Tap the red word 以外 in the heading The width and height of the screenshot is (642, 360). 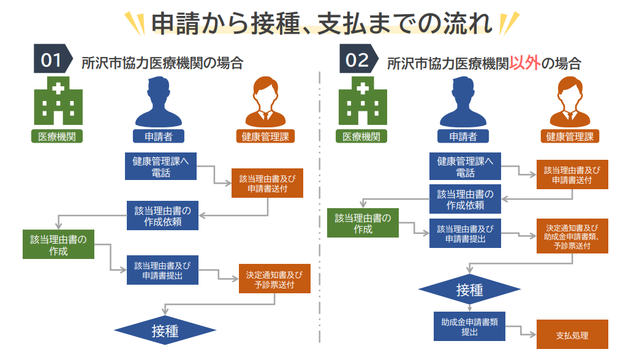(x=524, y=62)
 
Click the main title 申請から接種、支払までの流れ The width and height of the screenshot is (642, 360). (x=322, y=23)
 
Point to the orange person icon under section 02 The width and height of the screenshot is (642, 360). (x=570, y=103)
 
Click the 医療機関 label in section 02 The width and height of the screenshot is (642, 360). (x=361, y=137)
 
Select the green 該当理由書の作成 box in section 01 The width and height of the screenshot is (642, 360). (x=58, y=245)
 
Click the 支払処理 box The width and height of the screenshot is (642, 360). (x=572, y=334)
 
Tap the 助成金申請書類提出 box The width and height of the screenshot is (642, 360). (x=469, y=327)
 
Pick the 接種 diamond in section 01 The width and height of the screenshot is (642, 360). (x=165, y=331)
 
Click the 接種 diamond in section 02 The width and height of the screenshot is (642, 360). (x=469, y=289)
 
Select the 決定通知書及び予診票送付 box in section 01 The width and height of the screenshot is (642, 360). (x=274, y=279)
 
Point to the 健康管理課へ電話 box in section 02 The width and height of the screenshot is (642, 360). (x=465, y=167)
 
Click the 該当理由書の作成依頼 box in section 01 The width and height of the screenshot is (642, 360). (x=163, y=216)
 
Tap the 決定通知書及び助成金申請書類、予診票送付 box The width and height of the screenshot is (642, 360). (x=572, y=236)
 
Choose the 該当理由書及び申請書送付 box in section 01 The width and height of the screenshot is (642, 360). (x=268, y=182)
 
